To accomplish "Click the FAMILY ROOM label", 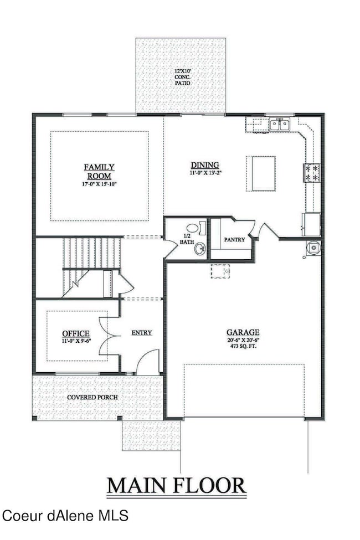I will (99, 171).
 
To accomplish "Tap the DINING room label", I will (205, 165).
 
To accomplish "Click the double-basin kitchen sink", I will (280, 125).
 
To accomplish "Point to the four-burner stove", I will (311, 172).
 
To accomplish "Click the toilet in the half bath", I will (195, 227).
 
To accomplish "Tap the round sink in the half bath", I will (200, 250).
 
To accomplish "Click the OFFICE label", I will (76, 333).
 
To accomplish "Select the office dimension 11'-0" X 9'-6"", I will (76, 341).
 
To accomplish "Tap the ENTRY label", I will (141, 333).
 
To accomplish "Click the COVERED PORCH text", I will (92, 397).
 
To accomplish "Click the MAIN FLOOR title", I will (176, 485).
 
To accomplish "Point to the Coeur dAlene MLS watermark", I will (65, 516).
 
